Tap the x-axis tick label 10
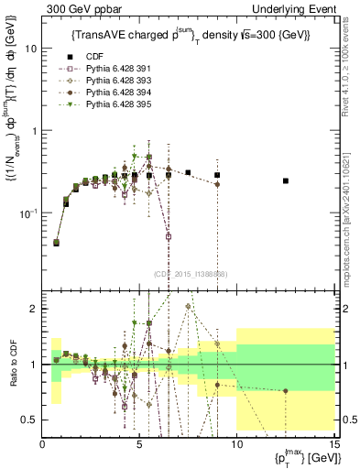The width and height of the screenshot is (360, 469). pyautogui.click(x=237, y=443)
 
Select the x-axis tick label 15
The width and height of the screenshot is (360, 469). pyautogui.click(x=333, y=443)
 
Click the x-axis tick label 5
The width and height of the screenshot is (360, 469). pyautogui.click(x=139, y=443)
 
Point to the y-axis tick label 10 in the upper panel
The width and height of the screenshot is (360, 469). pyautogui.click(x=30, y=49)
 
